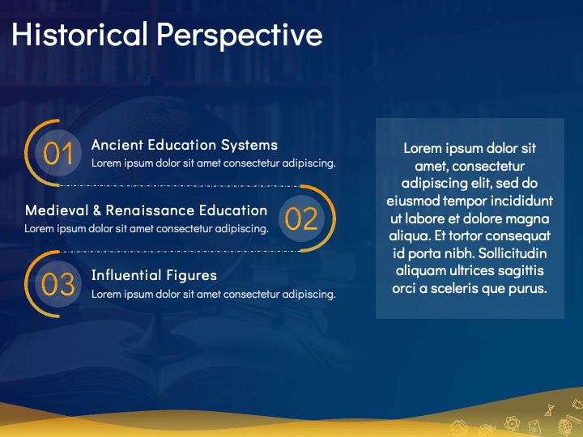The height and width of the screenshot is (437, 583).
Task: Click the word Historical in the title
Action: [x=79, y=34]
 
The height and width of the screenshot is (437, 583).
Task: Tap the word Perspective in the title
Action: [x=240, y=36]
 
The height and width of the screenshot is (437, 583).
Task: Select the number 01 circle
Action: [x=58, y=153]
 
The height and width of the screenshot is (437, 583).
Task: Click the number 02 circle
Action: [x=301, y=218]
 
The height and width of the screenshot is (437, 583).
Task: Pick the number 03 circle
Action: [x=58, y=284]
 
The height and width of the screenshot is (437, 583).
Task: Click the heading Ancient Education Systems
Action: [x=185, y=145]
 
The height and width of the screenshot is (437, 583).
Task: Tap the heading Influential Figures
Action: [x=155, y=275]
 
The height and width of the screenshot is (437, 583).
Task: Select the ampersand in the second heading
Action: [x=97, y=210]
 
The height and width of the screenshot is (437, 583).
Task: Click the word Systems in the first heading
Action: [x=249, y=145]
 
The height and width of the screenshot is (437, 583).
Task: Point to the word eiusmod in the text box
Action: [x=413, y=201]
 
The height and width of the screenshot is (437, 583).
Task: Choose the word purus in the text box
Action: [x=528, y=289]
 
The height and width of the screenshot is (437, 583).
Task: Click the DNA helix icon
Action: [x=549, y=409]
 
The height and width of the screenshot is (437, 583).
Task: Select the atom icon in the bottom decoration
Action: [x=512, y=423]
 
